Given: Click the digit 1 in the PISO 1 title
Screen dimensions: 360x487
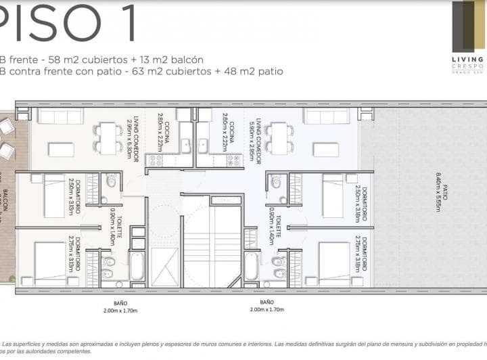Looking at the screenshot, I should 125,22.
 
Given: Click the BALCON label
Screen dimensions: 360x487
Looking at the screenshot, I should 5,203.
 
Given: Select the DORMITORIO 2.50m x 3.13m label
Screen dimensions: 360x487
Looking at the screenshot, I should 75,197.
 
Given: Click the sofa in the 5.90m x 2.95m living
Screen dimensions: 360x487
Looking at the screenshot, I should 325,116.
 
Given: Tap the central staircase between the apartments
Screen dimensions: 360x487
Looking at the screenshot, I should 212,244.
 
